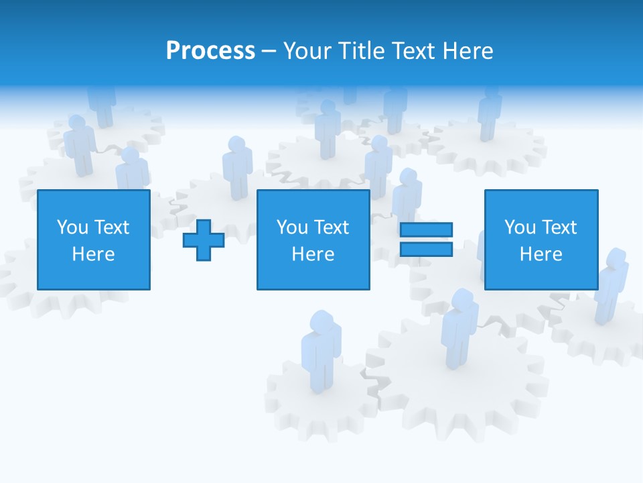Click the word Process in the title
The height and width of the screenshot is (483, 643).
coord(210,51)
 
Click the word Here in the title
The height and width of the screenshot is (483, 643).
coord(468,51)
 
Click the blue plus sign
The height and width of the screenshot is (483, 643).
coord(204,240)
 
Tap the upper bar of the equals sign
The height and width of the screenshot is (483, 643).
coord(426,230)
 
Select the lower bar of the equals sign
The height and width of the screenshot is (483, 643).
coord(426,250)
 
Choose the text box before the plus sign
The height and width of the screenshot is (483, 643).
coord(94,239)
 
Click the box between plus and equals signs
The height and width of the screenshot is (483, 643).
coord(313,239)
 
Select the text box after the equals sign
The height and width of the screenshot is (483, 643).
coord(541,239)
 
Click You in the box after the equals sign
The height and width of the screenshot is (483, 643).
coord(520,227)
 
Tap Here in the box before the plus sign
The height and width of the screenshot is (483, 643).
coord(94,254)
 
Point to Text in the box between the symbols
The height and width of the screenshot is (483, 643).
coord(332,227)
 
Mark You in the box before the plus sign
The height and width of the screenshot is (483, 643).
coord(72,227)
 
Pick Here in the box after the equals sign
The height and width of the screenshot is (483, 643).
coord(541,254)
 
